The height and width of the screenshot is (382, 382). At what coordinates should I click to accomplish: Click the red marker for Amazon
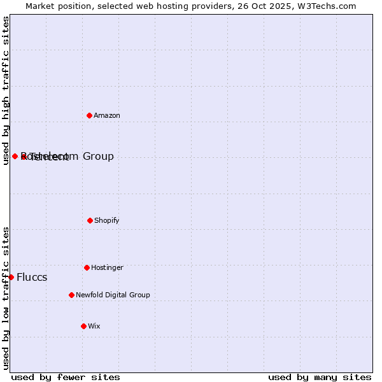90,115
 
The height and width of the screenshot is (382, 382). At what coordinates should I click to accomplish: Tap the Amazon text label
107,115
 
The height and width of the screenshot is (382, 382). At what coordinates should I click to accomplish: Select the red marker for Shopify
90,220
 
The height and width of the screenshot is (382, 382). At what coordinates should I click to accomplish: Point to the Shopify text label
107,220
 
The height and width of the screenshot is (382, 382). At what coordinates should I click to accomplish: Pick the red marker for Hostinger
87,267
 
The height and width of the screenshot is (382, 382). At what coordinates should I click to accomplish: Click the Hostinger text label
107,267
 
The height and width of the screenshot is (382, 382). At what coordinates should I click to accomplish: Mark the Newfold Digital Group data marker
71,295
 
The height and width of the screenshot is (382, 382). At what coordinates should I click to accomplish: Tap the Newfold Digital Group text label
113,295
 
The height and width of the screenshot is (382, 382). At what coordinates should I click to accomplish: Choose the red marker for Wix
83,326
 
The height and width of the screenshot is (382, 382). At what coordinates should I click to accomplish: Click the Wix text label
94,326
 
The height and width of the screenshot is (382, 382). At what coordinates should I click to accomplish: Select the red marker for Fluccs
11,277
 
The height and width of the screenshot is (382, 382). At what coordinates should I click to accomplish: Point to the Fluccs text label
32,277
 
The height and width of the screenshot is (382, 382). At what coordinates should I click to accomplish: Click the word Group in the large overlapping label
98,156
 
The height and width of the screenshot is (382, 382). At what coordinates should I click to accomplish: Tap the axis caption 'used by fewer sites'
66,377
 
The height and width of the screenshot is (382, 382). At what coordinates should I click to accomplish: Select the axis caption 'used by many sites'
320,377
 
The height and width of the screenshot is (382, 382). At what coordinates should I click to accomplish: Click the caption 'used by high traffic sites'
6,90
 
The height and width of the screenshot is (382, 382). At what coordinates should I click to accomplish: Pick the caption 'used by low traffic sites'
6,298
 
